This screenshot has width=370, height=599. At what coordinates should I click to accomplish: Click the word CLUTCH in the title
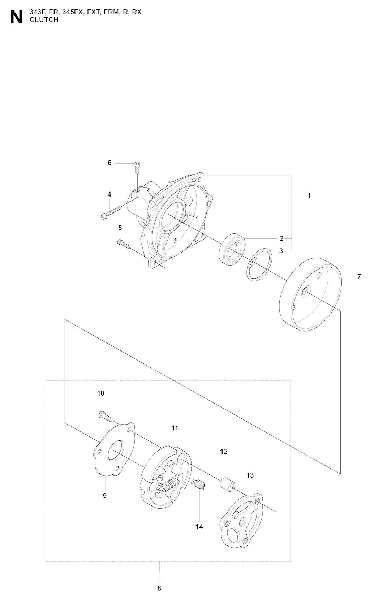(44, 20)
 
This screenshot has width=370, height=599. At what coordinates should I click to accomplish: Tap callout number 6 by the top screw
(109, 163)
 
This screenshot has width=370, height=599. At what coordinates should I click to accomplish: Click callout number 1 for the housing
(309, 195)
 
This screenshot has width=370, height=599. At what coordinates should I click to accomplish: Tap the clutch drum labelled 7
(310, 294)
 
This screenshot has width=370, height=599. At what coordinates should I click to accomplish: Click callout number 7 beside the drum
(359, 276)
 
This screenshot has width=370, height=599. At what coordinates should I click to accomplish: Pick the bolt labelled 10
(106, 417)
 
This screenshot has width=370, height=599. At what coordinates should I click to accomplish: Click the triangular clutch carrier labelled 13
(241, 520)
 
